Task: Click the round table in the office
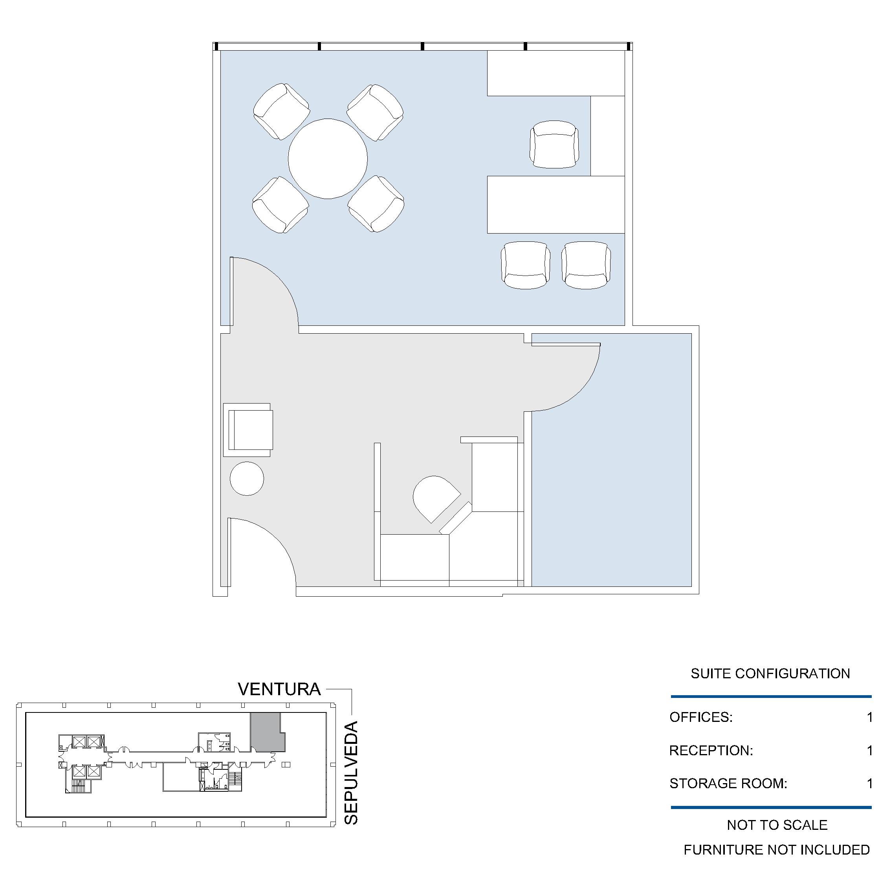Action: click(x=328, y=159)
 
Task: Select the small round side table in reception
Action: click(x=247, y=479)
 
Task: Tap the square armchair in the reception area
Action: click(x=248, y=430)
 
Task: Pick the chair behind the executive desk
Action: click(x=554, y=144)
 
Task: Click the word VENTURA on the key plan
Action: click(x=279, y=690)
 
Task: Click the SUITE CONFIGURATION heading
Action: click(x=770, y=674)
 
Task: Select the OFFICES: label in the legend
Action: click(x=701, y=717)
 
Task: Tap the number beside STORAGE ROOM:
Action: click(x=869, y=784)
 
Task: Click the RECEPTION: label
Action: click(x=711, y=751)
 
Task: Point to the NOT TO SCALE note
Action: click(x=777, y=825)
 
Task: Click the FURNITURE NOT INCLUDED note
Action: click(x=777, y=850)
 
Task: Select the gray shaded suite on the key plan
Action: click(x=266, y=732)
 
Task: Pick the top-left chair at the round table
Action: click(x=281, y=111)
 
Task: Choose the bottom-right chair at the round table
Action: click(x=376, y=204)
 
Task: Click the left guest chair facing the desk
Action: click(x=526, y=265)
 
